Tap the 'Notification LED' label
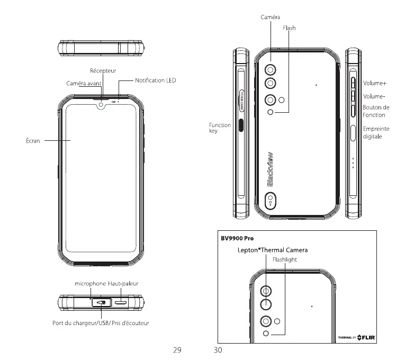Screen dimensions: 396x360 tap(155, 80)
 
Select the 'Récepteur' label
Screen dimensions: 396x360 tap(103, 70)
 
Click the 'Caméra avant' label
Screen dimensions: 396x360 tap(84, 84)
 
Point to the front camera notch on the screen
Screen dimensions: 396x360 tap(100, 105)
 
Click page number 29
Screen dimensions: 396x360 tap(178, 349)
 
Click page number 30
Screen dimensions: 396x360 tap(218, 349)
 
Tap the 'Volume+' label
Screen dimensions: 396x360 tap(375, 84)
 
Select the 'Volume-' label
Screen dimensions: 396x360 tap(374, 96)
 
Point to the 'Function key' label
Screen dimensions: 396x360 tap(220, 128)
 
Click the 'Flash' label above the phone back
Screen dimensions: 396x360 tap(289, 28)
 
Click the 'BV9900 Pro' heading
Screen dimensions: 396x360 tap(237, 238)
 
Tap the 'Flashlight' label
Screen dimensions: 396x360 tap(285, 259)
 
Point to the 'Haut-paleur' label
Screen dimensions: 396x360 tap(123, 284)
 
